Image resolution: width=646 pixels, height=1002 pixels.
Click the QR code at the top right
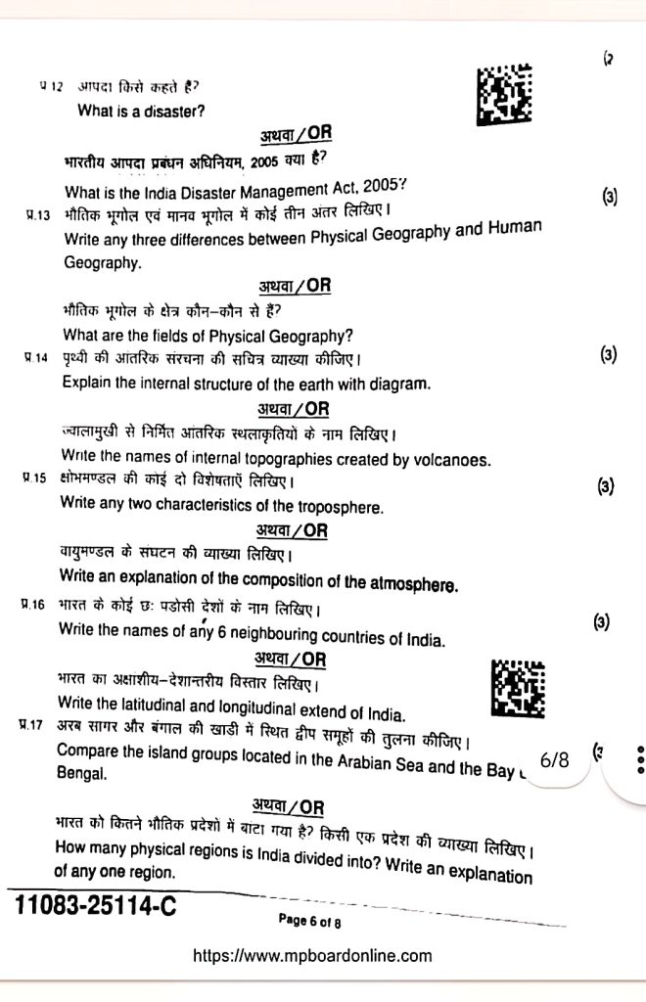point(505,95)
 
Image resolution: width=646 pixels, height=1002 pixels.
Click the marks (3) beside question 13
point(609,198)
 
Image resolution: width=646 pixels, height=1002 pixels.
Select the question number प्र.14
point(36,358)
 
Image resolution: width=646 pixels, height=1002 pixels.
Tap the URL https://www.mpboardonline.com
point(313,956)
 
